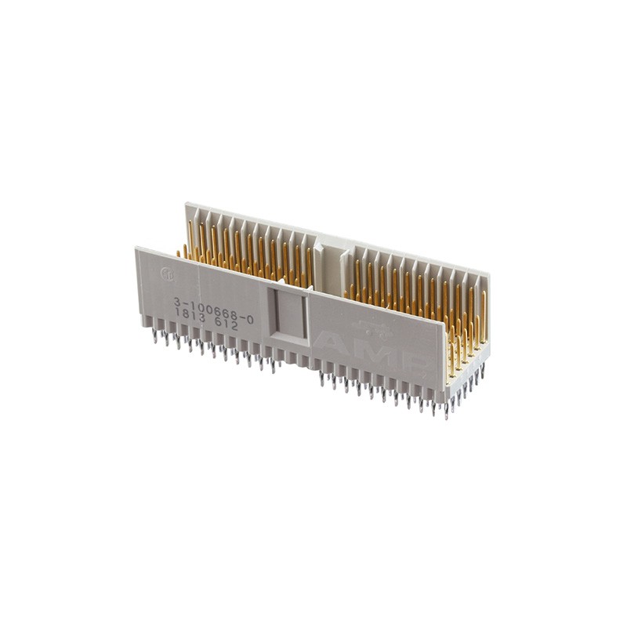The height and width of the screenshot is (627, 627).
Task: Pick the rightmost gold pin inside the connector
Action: (484, 313)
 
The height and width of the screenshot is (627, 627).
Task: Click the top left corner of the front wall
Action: (136, 248)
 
